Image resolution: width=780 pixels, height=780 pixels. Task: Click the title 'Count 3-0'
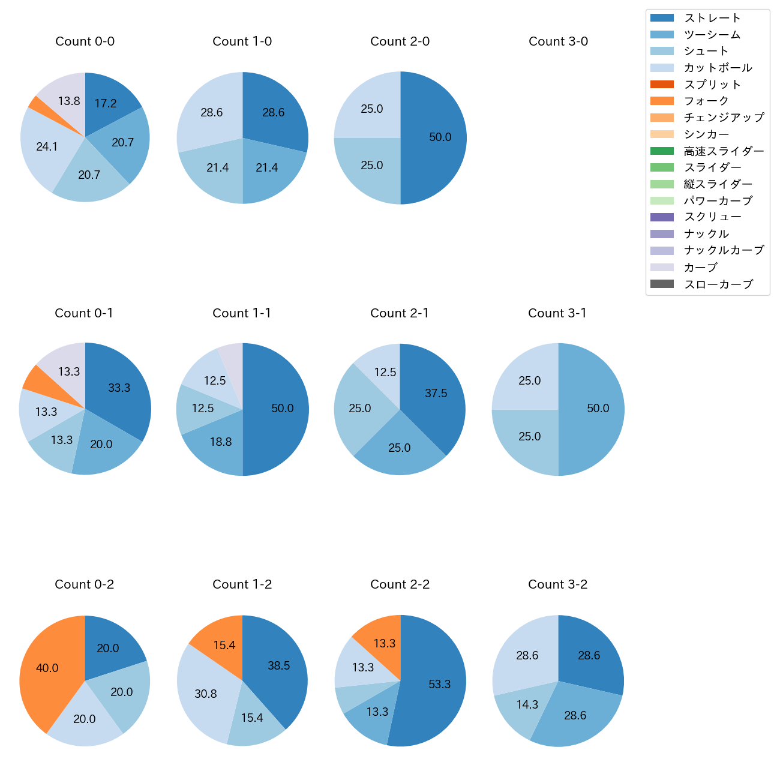558,41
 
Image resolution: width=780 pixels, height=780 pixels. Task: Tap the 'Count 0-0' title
85,41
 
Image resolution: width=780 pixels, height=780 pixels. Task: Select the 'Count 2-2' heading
400,584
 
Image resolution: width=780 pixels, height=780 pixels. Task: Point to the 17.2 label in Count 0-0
106,104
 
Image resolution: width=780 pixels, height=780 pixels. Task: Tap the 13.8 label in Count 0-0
69,101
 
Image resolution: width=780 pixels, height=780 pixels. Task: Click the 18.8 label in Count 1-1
221,442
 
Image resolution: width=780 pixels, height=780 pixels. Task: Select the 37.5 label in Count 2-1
436,394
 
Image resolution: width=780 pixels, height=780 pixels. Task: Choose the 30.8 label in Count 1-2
206,694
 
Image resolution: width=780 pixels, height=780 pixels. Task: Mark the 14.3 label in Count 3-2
527,705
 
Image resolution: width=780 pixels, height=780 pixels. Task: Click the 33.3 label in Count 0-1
119,388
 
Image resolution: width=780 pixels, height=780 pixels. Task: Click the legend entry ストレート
712,18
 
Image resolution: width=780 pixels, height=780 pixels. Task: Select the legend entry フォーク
706,101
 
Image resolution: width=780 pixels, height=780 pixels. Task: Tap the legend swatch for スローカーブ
662,284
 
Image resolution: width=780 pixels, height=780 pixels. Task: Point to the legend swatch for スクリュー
662,217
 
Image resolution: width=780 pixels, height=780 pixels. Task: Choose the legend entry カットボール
718,68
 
